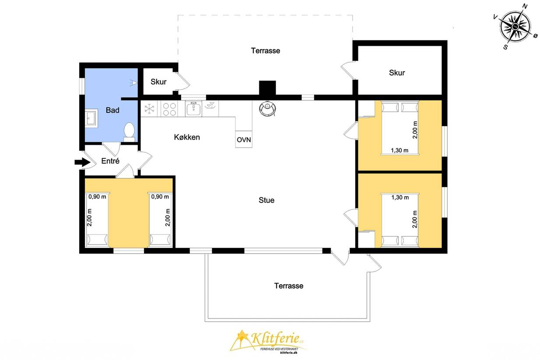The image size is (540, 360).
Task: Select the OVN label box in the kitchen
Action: (x=244, y=139)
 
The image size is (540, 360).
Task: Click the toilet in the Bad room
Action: (x=129, y=132)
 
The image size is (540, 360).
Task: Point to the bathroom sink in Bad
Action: (x=91, y=118)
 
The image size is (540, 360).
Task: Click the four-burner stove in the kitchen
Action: (x=169, y=109)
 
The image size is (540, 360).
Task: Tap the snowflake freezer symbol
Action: (x=150, y=108)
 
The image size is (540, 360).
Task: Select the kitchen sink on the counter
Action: (x=193, y=108)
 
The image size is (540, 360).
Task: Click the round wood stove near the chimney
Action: (x=267, y=108)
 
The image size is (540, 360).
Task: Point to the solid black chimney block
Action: (x=267, y=88)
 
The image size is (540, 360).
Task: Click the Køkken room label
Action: (x=187, y=137)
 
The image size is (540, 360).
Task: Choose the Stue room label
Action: (x=266, y=200)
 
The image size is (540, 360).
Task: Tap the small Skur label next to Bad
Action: (x=158, y=82)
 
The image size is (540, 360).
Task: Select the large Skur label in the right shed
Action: (x=397, y=73)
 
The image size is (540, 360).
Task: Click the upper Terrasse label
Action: (x=266, y=51)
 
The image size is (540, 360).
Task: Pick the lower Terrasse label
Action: (x=288, y=286)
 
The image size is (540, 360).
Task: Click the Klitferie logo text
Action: (x=275, y=338)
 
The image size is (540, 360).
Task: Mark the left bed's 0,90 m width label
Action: (x=97, y=197)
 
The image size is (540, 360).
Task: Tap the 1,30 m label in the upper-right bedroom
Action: (x=400, y=150)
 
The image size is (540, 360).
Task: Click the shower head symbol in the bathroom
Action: (x=133, y=83)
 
